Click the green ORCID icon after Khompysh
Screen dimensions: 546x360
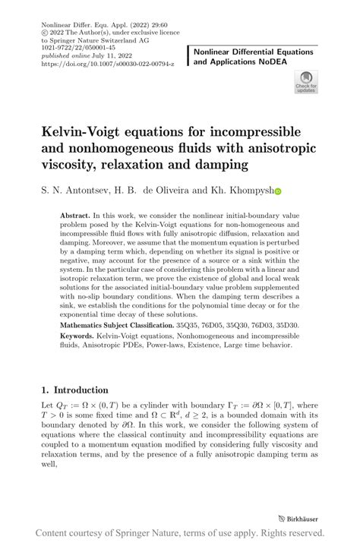tap(278, 192)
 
